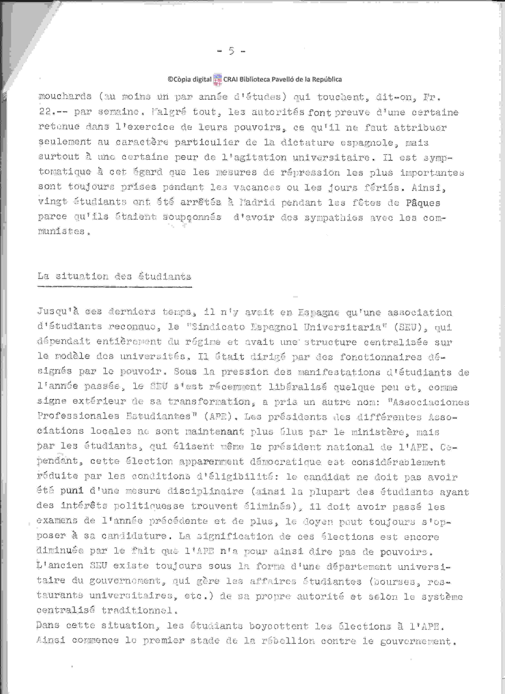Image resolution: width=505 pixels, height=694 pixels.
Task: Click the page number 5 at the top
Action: [232, 51]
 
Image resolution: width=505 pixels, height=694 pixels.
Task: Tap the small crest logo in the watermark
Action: [217, 79]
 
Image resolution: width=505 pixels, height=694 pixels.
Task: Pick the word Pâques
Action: [423, 203]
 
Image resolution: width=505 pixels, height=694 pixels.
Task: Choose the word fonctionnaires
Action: [381, 357]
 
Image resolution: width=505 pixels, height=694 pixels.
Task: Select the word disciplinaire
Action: [206, 491]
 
